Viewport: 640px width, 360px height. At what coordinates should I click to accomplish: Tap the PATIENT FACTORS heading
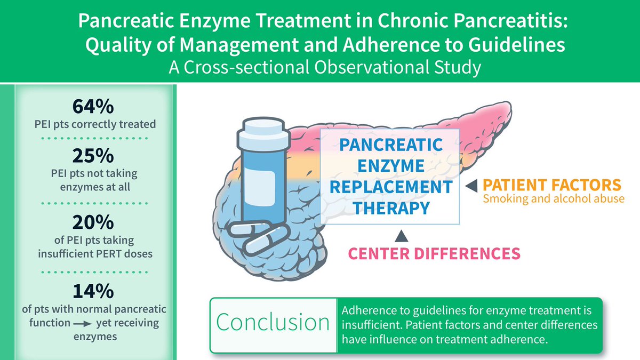point(552,186)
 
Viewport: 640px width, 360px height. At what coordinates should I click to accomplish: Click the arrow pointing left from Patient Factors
point(472,185)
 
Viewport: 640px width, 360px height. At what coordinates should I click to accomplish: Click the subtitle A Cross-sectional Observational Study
point(320,68)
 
